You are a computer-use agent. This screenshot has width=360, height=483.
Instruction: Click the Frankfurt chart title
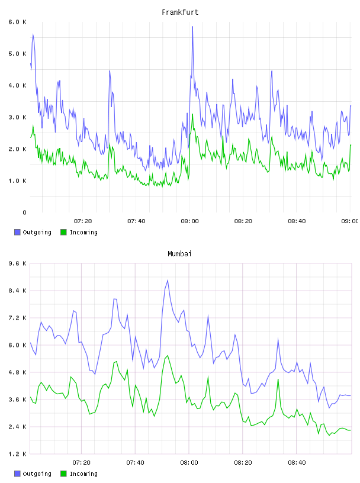click(180, 12)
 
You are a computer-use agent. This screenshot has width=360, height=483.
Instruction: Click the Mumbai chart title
click(179, 254)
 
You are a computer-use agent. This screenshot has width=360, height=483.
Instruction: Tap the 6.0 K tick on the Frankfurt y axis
click(17, 22)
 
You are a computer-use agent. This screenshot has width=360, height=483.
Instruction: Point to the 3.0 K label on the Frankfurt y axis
click(17, 117)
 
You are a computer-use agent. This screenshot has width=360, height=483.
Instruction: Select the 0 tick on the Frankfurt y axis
click(24, 212)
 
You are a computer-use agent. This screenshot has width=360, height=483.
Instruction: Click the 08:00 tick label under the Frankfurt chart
click(189, 221)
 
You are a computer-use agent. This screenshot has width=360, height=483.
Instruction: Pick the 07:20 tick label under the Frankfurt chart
click(83, 221)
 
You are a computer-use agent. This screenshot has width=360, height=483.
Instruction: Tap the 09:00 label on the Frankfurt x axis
click(350, 221)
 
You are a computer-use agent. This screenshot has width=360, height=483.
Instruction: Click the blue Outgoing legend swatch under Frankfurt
click(17, 232)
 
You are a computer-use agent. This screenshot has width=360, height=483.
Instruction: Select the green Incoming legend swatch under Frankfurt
click(63, 232)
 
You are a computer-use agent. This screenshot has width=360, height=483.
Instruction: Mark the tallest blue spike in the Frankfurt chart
click(192, 27)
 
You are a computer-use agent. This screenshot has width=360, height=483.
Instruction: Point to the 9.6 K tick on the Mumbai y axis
click(17, 263)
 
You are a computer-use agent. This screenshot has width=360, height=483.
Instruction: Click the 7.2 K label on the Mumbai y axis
click(17, 318)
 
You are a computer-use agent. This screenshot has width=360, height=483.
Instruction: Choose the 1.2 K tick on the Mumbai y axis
click(17, 454)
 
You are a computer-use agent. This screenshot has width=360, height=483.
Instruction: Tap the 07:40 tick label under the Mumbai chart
click(135, 463)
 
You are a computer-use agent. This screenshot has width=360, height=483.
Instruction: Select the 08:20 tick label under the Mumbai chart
click(243, 463)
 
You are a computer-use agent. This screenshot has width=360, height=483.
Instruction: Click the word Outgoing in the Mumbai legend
click(37, 474)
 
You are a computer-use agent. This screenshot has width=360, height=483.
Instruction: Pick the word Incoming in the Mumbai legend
click(83, 474)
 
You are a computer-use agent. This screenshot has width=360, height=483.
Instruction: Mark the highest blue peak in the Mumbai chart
click(168, 281)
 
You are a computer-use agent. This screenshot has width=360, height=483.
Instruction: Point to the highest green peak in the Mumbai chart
click(168, 356)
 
